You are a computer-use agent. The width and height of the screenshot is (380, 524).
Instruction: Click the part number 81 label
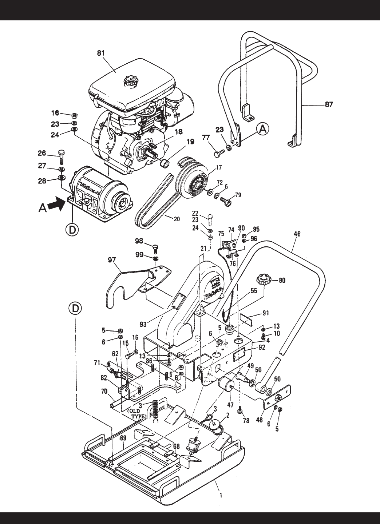tap(101, 53)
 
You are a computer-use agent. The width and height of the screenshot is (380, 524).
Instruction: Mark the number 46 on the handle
tap(297, 235)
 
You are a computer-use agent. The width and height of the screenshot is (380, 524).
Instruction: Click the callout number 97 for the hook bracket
tap(112, 260)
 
